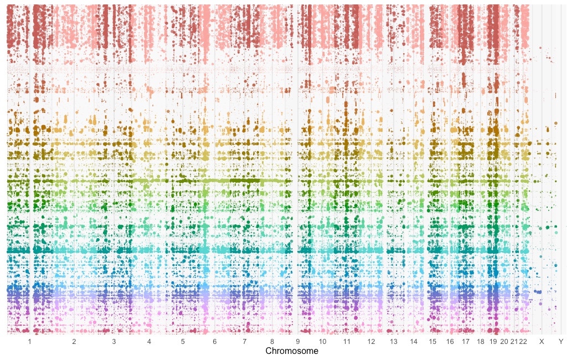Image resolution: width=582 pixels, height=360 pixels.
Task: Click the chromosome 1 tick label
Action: point(30,342)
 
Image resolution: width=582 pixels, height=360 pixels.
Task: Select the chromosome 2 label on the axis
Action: point(74,342)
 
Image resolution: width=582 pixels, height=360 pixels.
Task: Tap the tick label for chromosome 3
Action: point(114,342)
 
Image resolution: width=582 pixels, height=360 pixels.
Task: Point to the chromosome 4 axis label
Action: point(149,342)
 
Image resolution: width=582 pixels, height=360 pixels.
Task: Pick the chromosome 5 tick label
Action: point(183,342)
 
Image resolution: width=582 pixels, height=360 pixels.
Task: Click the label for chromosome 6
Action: point(214,342)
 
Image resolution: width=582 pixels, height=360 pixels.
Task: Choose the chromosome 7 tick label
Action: point(244,342)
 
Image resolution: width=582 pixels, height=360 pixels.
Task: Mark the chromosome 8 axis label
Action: point(272,342)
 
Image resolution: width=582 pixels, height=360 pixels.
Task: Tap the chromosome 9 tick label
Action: point(297,342)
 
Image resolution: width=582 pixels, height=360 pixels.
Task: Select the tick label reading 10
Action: point(323,342)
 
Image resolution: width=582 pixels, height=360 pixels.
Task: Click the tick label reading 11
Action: point(347,342)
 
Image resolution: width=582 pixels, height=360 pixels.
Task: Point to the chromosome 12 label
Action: point(371,342)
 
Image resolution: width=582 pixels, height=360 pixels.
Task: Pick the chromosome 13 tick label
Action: point(393,342)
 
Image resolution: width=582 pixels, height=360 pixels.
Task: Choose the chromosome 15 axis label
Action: point(432,342)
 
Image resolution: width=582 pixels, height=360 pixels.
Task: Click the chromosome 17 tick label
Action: point(465,342)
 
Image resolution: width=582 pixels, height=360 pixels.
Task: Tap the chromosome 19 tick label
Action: point(493,342)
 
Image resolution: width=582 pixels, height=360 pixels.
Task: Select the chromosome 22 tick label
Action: point(523,342)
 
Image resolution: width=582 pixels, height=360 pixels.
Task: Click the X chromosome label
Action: point(542,342)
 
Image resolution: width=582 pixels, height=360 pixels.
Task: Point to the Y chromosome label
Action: point(561,342)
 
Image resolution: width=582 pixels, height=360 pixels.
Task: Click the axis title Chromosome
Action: point(292,352)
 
